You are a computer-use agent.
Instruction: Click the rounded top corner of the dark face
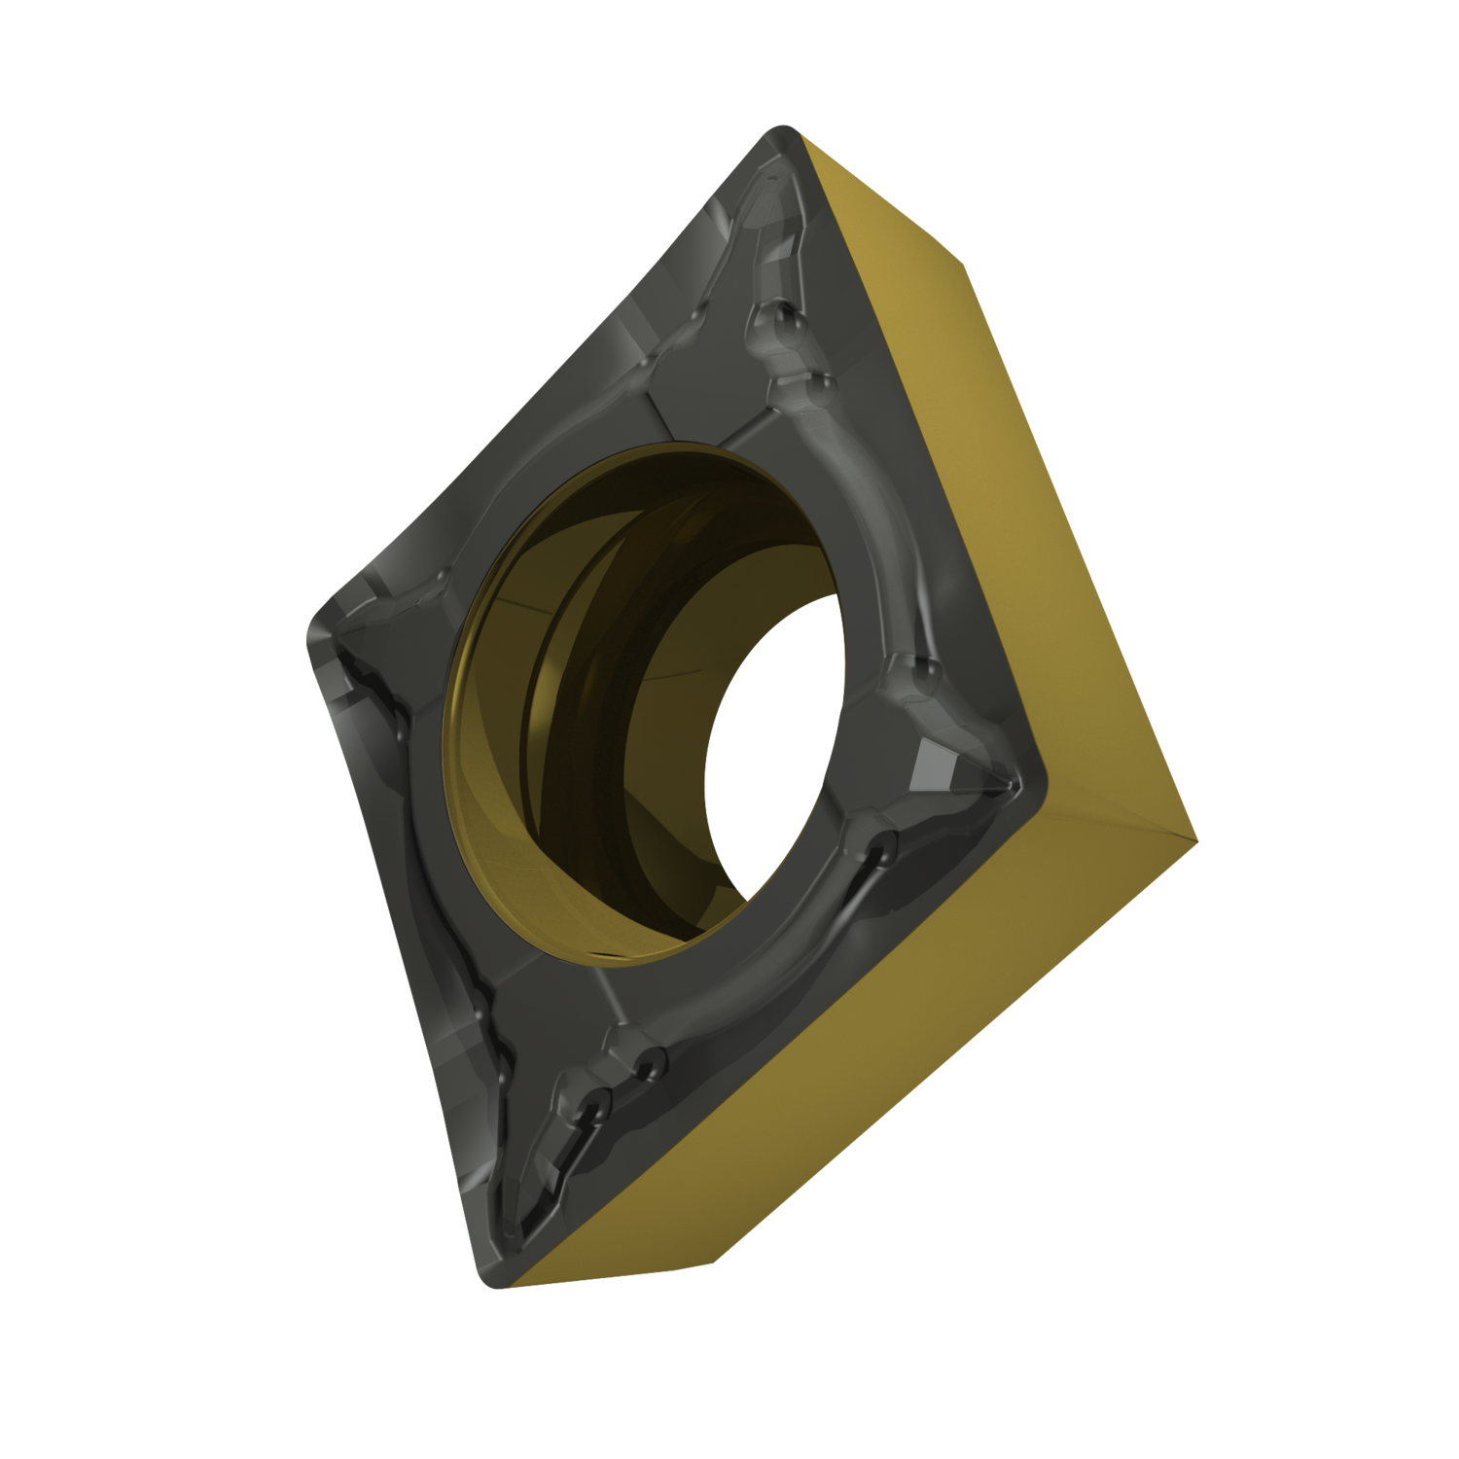point(784,136)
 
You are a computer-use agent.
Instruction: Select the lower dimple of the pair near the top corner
point(817,385)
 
